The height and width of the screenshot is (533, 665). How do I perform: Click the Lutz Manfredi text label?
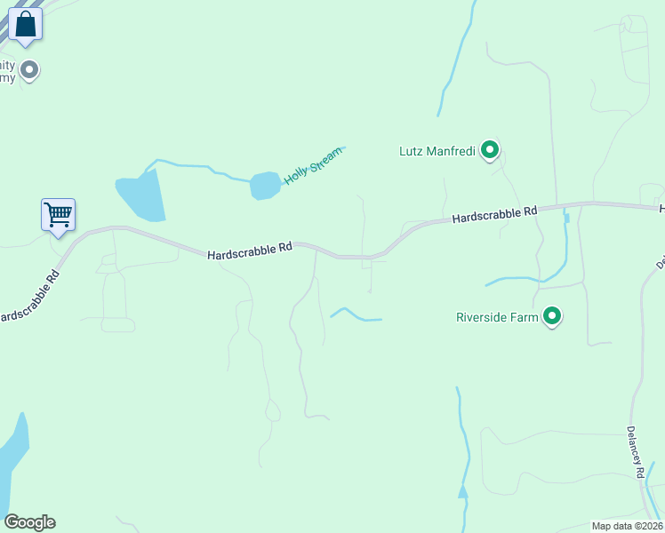pyautogui.click(x=437, y=151)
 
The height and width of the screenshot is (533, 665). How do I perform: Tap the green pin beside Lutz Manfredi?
pyautogui.click(x=489, y=150)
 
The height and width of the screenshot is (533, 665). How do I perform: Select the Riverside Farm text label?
pyautogui.click(x=497, y=317)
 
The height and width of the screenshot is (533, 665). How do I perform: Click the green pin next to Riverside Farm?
pyautogui.click(x=552, y=316)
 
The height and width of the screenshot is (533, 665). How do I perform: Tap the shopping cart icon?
pyautogui.click(x=58, y=214)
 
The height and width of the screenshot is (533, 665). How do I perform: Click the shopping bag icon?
pyautogui.click(x=26, y=23)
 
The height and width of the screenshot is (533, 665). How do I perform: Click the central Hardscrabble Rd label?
pyautogui.click(x=250, y=252)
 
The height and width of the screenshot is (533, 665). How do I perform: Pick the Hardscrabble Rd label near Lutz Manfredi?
pyautogui.click(x=494, y=214)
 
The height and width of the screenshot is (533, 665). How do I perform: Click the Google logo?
pyautogui.click(x=29, y=522)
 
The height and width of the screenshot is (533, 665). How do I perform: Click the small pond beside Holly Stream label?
pyautogui.click(x=264, y=186)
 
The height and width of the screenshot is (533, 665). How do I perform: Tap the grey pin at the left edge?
pyautogui.click(x=29, y=69)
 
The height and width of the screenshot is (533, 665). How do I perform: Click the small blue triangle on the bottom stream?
pyautogui.click(x=462, y=491)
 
